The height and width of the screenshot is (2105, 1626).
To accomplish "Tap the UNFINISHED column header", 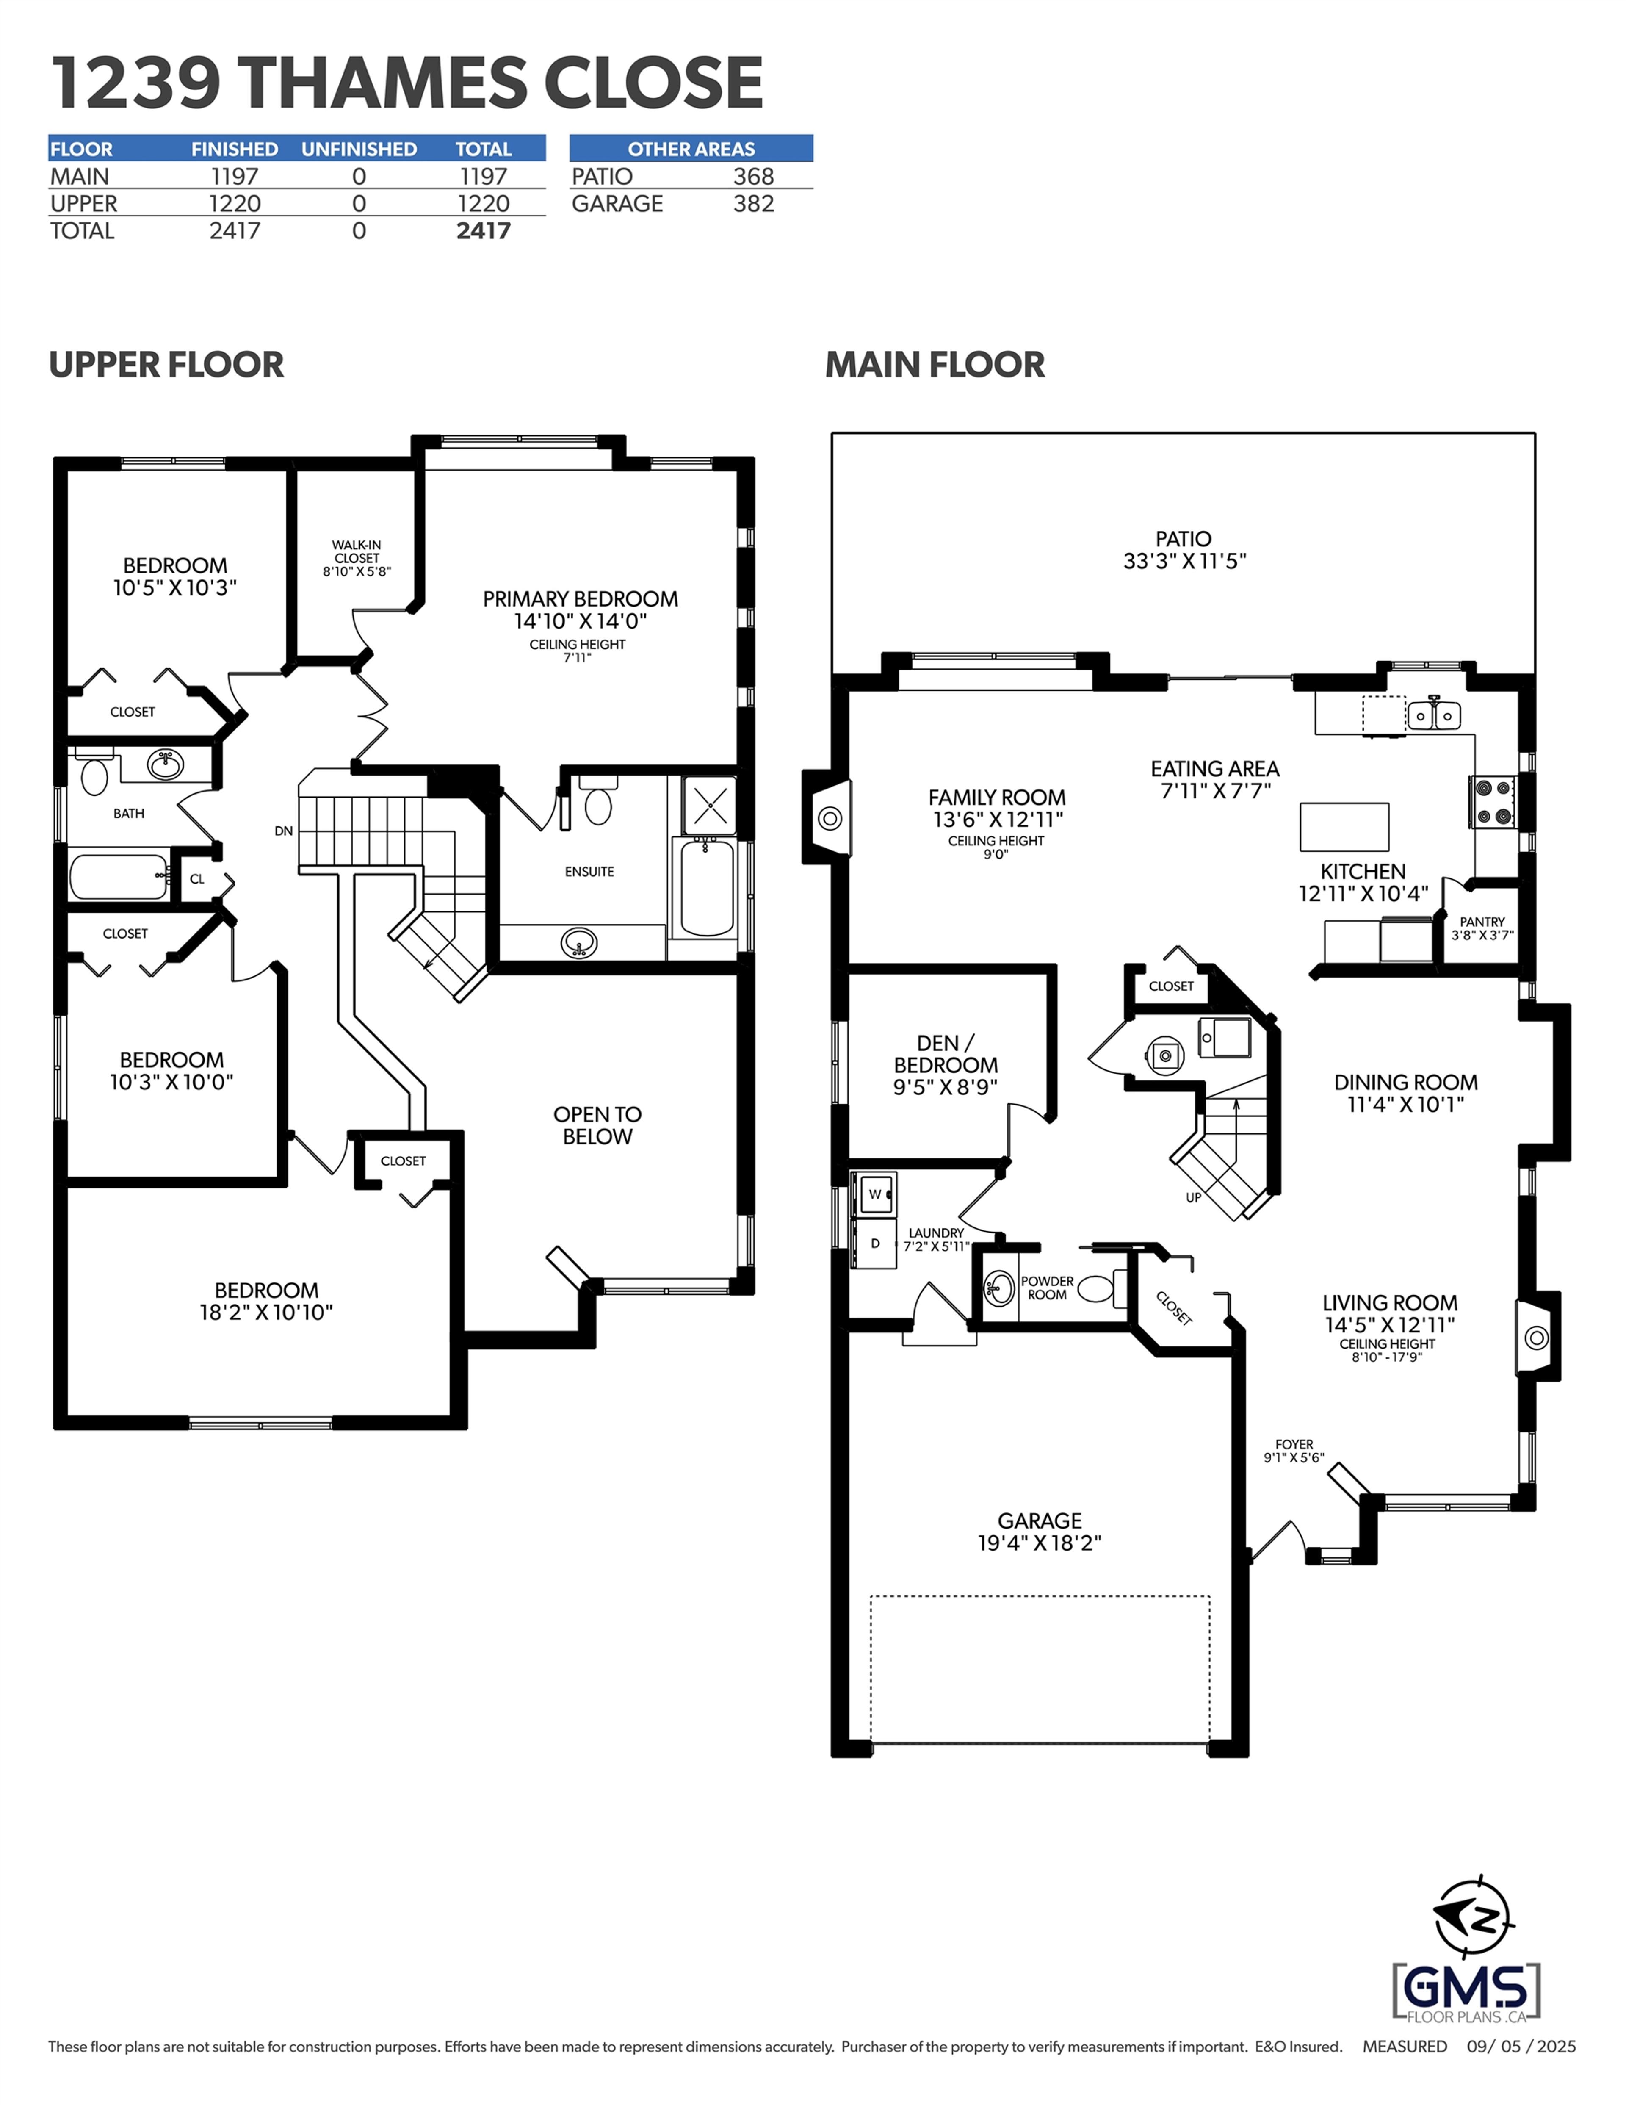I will (x=359, y=150).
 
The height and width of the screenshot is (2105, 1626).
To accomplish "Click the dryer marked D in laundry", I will (x=875, y=1244).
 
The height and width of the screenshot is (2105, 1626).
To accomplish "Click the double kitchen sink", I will (x=1433, y=715).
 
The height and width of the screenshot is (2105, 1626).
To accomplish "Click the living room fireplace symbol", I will (x=1536, y=1338).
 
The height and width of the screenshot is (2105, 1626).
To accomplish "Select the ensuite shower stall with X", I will (x=711, y=806).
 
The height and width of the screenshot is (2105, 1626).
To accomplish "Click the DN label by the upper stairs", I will (x=283, y=831).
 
